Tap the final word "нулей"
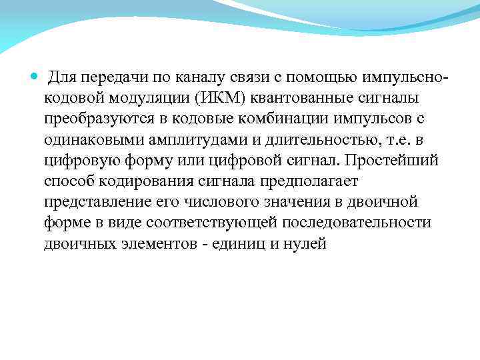tap(305, 243)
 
